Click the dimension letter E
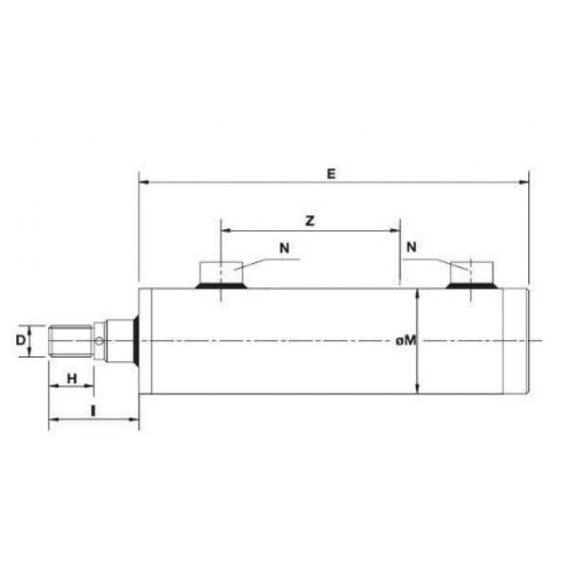(x=331, y=174)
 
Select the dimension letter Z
(x=310, y=221)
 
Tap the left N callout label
(x=284, y=248)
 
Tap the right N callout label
(x=411, y=247)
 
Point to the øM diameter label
(x=406, y=340)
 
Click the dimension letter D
(x=20, y=340)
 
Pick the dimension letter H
(x=72, y=379)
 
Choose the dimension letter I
(x=93, y=411)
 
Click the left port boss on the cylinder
(x=221, y=275)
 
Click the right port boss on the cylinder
(x=471, y=275)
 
